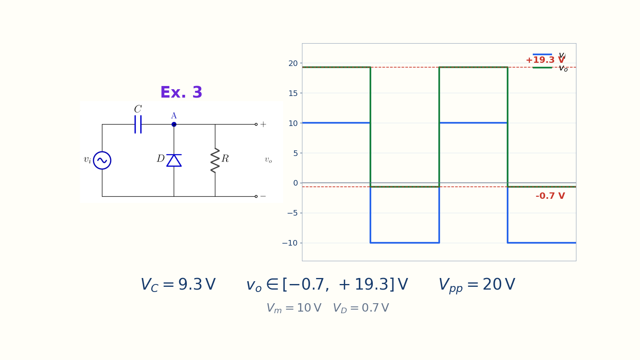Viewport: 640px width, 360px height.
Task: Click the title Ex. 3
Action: [x=181, y=92]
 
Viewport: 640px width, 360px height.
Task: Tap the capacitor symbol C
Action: [x=138, y=124]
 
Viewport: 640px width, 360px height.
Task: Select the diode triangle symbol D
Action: [x=174, y=160]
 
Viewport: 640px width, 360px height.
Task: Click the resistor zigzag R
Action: [x=215, y=160]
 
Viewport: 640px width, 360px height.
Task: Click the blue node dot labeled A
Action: [x=174, y=124]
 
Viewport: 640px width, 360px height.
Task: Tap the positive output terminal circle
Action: [x=256, y=124]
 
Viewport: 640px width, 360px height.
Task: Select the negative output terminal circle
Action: [x=256, y=196]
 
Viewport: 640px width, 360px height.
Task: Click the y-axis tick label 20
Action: [x=293, y=64]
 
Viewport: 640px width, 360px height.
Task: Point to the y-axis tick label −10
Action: [x=290, y=243]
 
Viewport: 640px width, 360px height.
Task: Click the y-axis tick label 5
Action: [x=296, y=154]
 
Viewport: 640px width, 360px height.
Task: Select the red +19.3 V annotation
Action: [x=545, y=60]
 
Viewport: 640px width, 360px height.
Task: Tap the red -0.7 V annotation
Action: [x=550, y=196]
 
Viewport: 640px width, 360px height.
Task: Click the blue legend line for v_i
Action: [x=542, y=54]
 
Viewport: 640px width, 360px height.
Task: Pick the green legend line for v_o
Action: [x=542, y=68]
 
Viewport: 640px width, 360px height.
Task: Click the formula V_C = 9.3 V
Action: [x=178, y=285]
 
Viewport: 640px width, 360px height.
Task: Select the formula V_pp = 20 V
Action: [x=477, y=285]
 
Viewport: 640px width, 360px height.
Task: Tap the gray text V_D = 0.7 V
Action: [x=361, y=308]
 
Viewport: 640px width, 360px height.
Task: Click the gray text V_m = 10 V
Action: [x=294, y=308]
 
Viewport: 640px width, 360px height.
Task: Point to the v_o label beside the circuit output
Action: [x=268, y=160]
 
